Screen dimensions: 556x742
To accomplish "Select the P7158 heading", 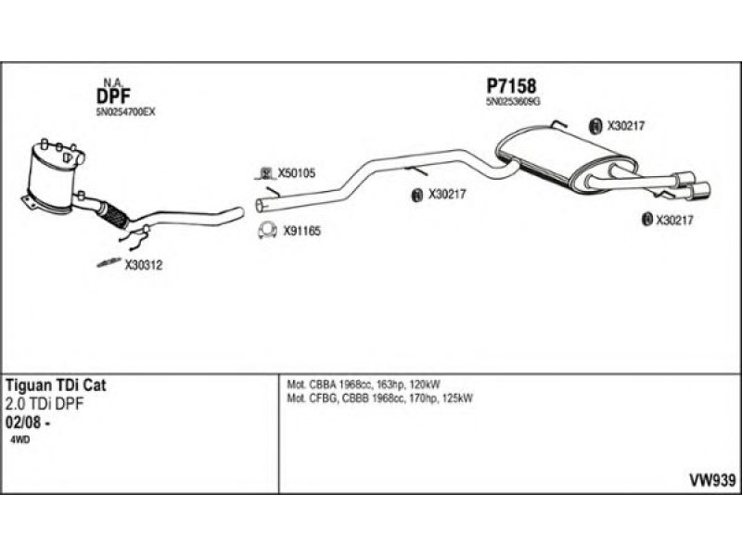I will pos(511,87).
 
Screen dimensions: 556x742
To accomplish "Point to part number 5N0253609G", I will pos(514,103).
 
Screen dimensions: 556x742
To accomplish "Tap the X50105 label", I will pos(297,172).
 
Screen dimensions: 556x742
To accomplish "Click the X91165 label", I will pos(301,231).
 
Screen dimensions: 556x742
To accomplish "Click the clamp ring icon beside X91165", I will pos(266,231).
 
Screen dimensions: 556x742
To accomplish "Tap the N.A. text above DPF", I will pos(107,81).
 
